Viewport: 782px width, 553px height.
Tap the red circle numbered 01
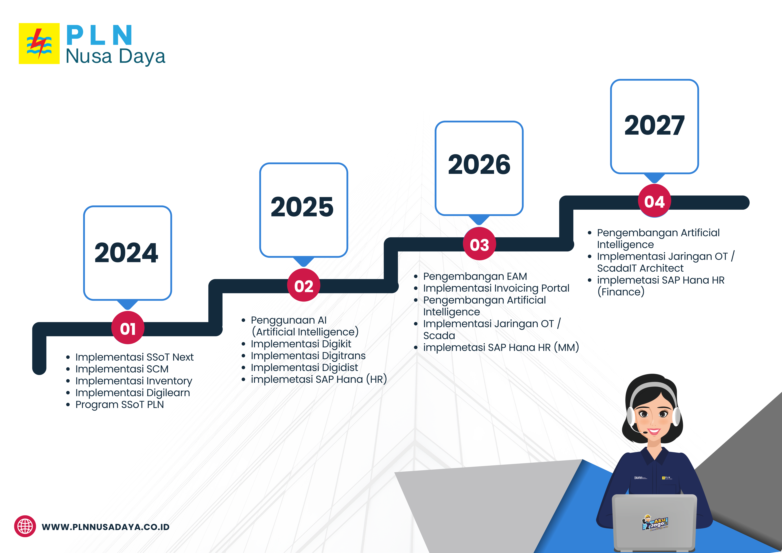tap(128, 328)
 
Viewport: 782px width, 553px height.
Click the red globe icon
tap(25, 526)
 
